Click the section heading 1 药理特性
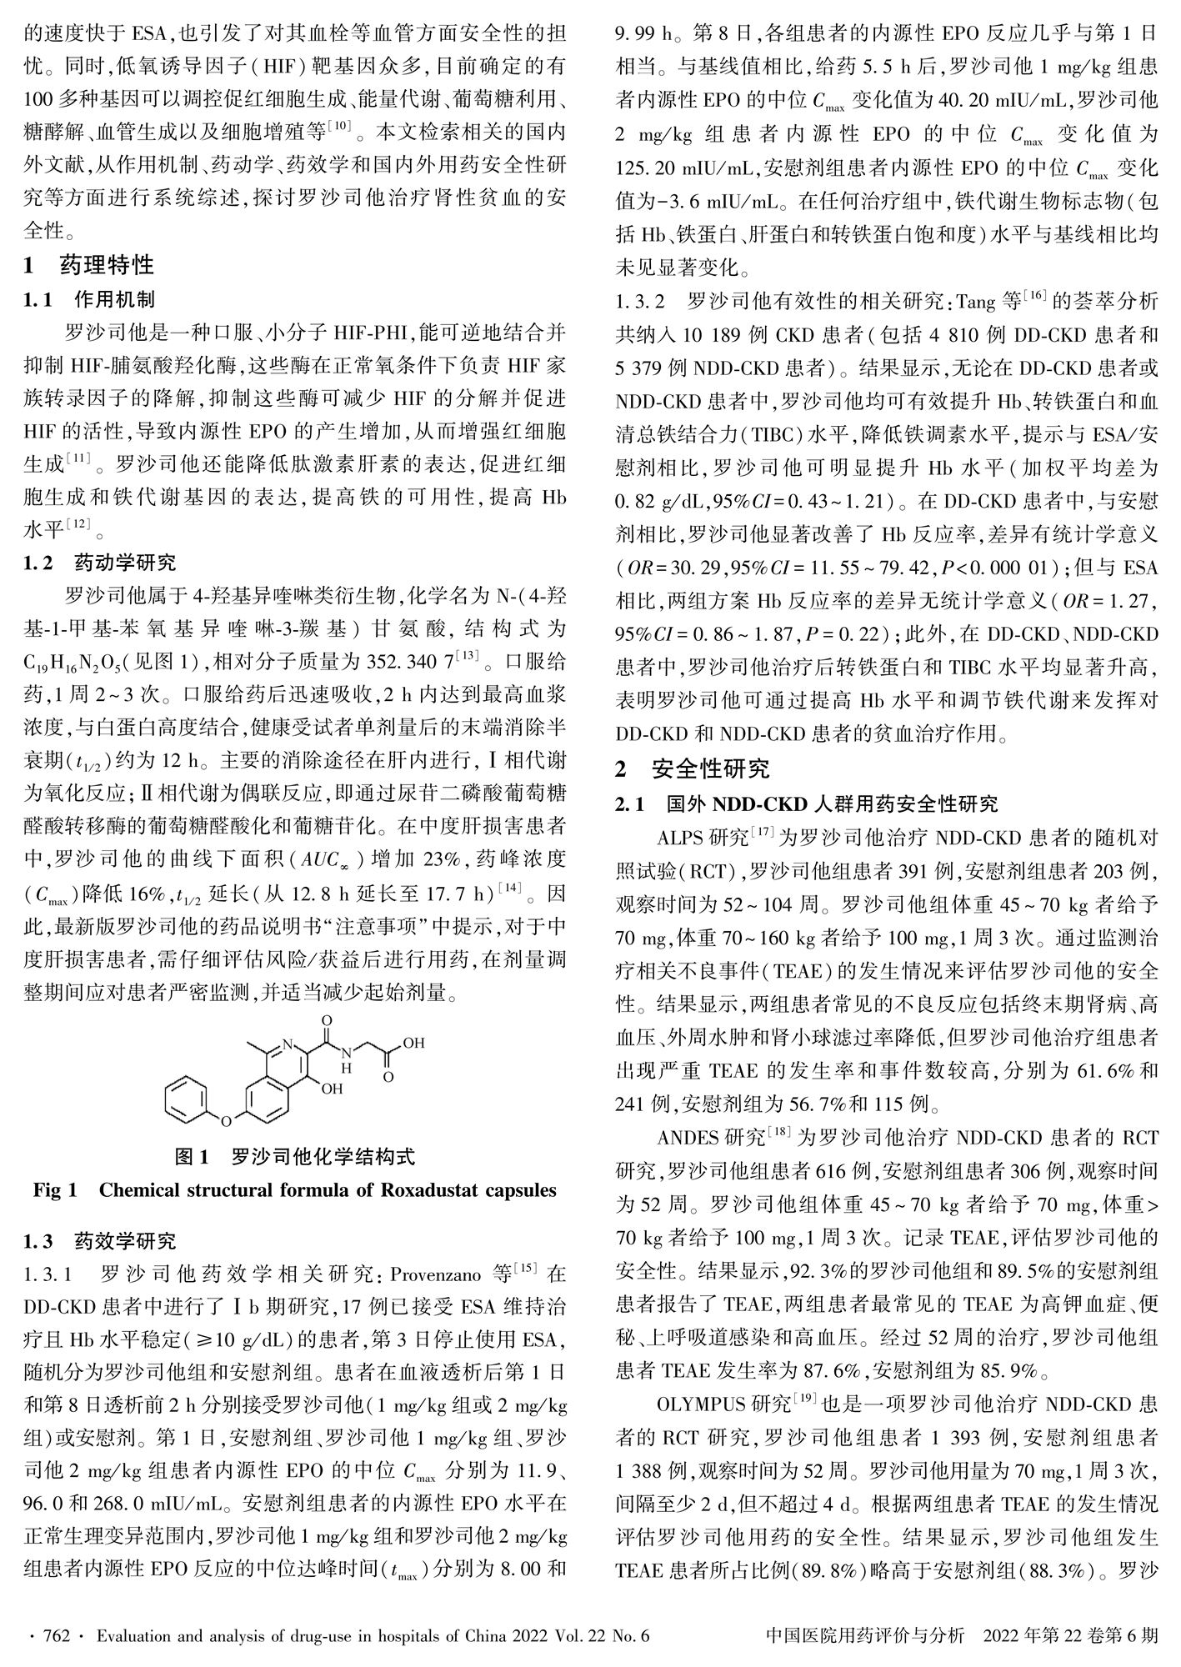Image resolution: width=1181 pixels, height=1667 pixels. click(89, 265)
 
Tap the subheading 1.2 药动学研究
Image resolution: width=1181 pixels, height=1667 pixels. click(101, 563)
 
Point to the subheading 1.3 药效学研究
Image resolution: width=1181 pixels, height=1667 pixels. click(101, 1241)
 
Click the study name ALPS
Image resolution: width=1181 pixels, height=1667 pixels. click(680, 837)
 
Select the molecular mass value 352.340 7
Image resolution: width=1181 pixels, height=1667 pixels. click(412, 663)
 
